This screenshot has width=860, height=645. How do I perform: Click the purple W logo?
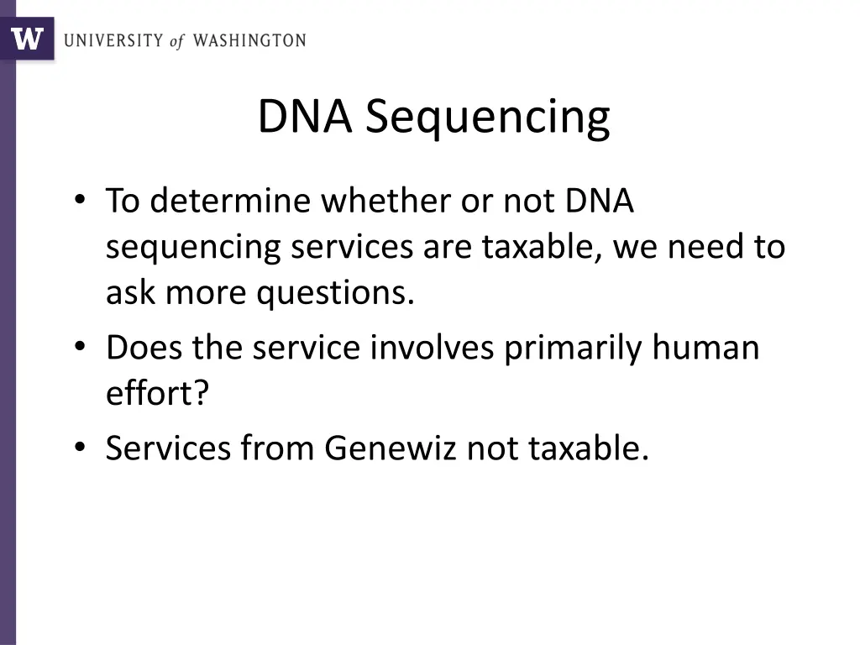[27, 39]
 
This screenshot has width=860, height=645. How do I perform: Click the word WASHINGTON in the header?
[249, 40]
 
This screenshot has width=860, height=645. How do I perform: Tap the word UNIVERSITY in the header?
[113, 40]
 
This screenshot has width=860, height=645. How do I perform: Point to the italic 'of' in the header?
[176, 41]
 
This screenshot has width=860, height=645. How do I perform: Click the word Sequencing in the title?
[487, 118]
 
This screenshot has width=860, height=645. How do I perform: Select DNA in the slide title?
[304, 116]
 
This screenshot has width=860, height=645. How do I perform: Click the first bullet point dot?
[79, 201]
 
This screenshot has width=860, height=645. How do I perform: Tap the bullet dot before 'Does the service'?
[79, 347]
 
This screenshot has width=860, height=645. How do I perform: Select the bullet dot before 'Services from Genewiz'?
[79, 448]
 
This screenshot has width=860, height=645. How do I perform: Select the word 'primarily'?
[573, 348]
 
